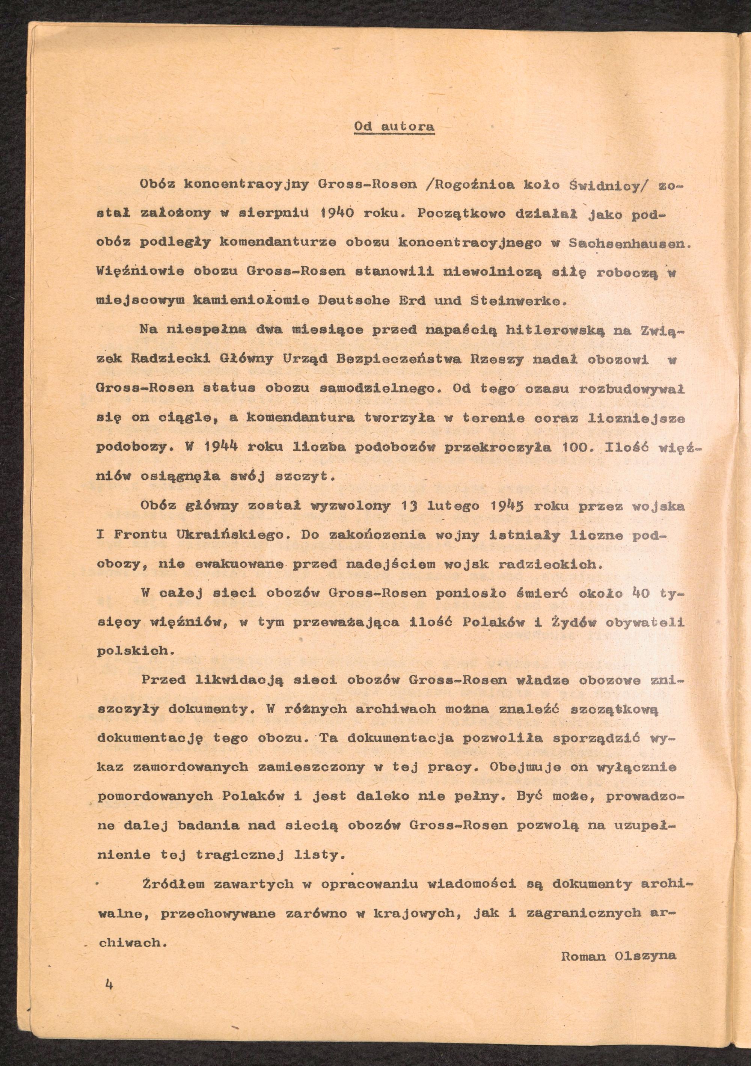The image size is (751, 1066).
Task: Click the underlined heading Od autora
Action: pos(394,126)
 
